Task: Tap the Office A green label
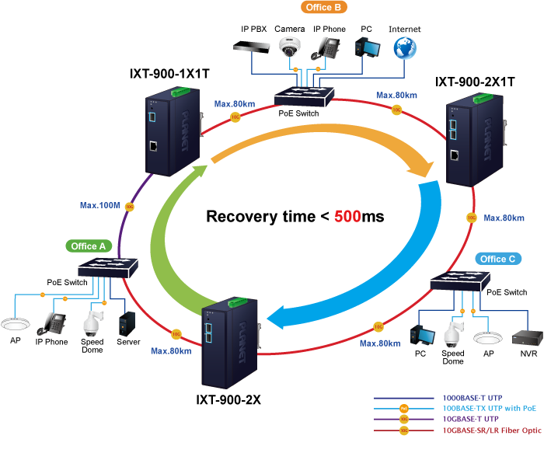(x=89, y=246)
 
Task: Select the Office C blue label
(x=497, y=259)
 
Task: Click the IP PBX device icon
(x=254, y=47)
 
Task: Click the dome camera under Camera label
(x=290, y=48)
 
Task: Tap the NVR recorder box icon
(x=525, y=337)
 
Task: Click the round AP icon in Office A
(x=15, y=323)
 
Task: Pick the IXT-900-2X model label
(x=228, y=400)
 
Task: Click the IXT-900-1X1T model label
(x=170, y=74)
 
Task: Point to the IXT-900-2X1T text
(x=475, y=82)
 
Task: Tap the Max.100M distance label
(x=100, y=206)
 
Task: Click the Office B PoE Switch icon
(x=305, y=97)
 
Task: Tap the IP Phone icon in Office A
(x=54, y=322)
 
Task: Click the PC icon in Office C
(x=421, y=336)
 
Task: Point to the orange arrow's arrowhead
(x=424, y=166)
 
